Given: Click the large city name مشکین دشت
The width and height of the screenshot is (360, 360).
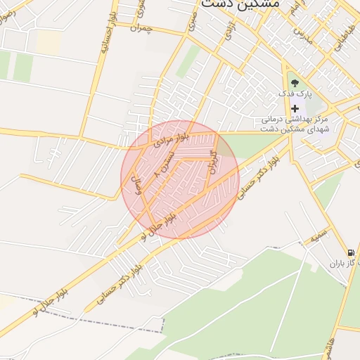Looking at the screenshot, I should click(x=240, y=4).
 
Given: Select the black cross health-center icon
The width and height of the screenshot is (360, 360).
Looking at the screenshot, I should click(x=295, y=108).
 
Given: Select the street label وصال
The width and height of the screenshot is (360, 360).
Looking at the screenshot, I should click(x=138, y=186).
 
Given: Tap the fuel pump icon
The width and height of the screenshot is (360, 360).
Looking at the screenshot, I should click(x=350, y=253).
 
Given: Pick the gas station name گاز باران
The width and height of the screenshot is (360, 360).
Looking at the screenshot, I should click(x=343, y=265).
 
